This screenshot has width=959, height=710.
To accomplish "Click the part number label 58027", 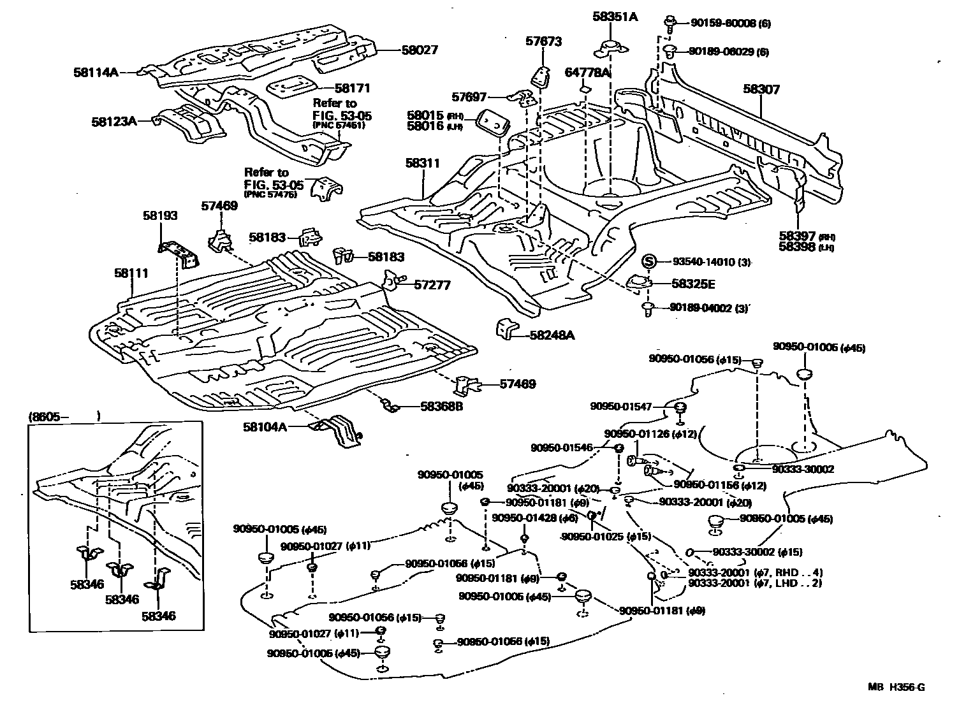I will pos(420,50).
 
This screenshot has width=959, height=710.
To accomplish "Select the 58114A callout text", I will pos(96,73).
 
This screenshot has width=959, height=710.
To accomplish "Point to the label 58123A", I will pos(114,120).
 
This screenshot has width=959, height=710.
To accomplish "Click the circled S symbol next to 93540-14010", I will pos(648,261).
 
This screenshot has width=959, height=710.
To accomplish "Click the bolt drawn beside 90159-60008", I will pos(670,24).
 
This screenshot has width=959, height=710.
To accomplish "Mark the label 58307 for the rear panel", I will pos(761,90).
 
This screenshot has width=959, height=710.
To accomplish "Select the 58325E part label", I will pos(692,284).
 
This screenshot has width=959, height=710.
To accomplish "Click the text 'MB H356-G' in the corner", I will pos(895,687).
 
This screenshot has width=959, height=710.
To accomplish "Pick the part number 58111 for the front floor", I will pos(131,273).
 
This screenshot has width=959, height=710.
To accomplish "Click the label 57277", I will pos(432,285).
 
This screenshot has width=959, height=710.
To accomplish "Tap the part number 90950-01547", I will pos(622,406).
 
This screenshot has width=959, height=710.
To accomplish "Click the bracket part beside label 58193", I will pos(180,254).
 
